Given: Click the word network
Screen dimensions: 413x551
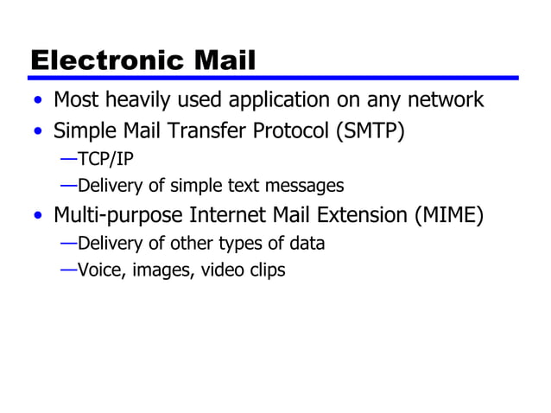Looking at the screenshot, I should pos(443,100).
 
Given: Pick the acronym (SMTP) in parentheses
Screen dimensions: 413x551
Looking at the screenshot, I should pos(369,132).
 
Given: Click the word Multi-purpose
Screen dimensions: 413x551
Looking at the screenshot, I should pos(112,215).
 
